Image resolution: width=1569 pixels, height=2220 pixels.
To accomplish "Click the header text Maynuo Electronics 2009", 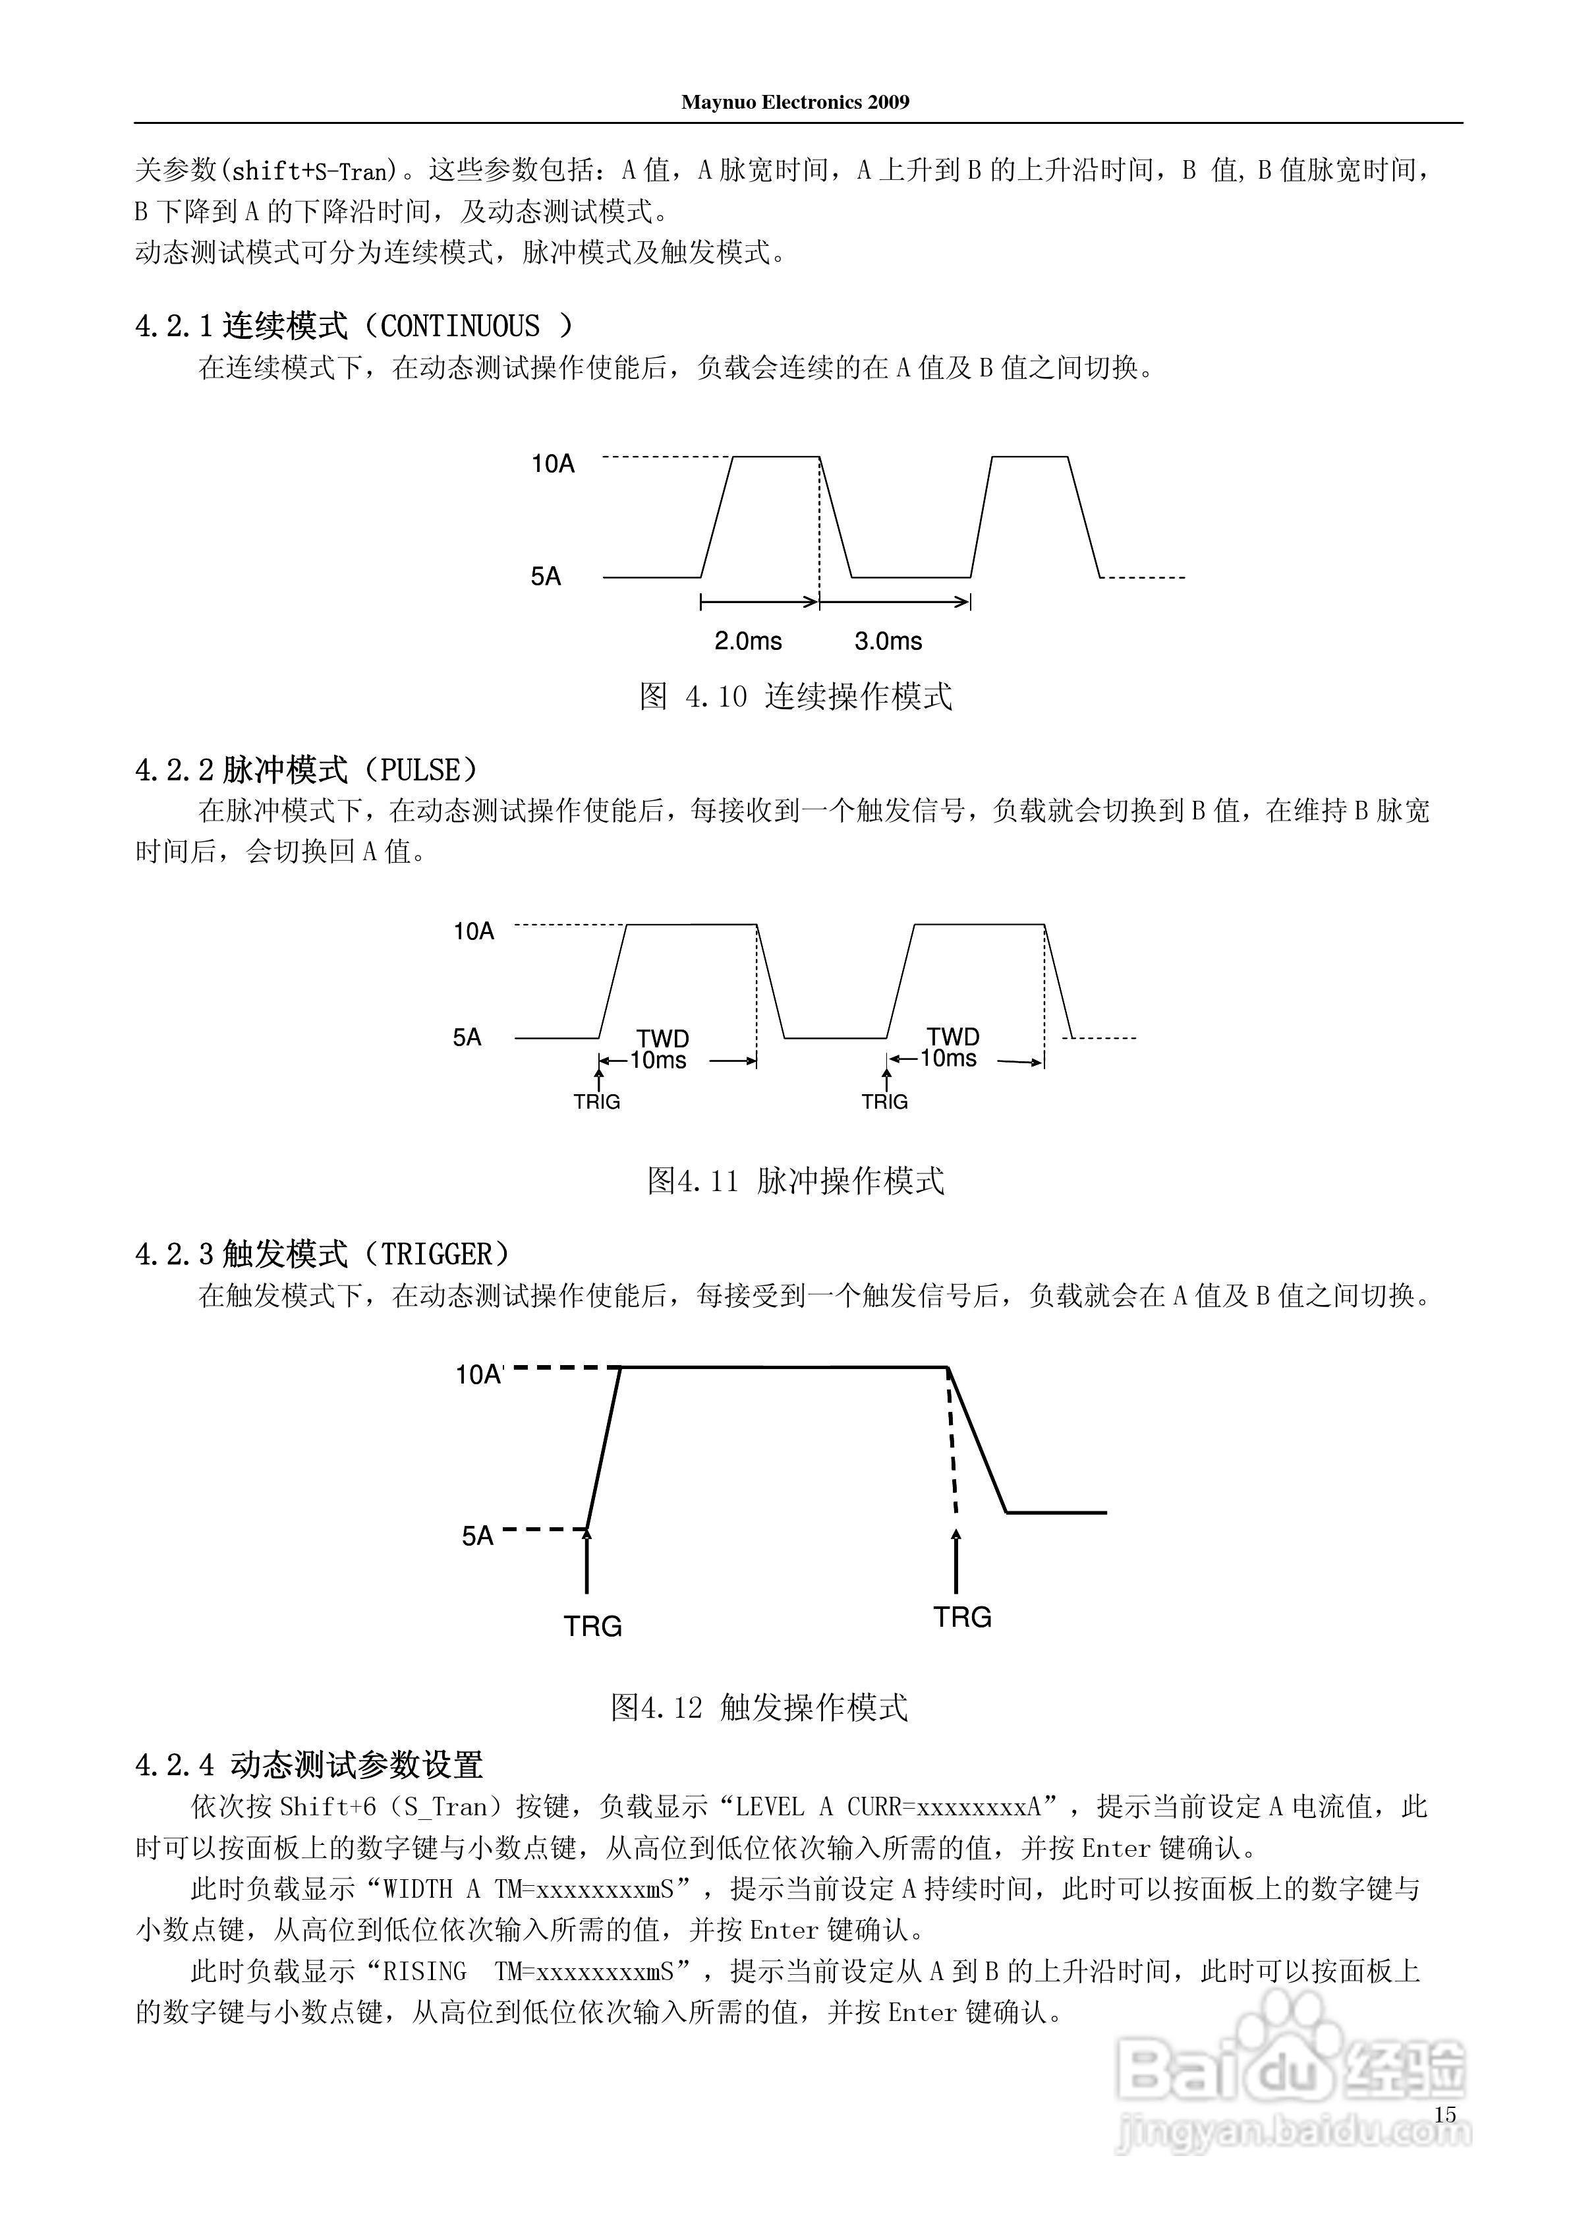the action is [795, 102].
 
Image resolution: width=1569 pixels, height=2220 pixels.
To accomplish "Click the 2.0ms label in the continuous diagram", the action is [748, 641].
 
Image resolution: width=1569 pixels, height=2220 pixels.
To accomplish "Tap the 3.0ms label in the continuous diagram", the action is [888, 641].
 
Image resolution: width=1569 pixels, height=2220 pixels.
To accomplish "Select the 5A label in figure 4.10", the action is [546, 577].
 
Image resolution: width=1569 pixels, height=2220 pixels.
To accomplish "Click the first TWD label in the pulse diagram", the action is [663, 1038].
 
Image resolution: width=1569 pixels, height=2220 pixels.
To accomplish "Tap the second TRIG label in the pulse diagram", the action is [884, 1102].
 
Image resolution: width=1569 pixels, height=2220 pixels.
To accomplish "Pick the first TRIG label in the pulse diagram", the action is [596, 1102].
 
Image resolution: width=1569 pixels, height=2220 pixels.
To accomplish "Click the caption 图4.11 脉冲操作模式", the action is [795, 1181].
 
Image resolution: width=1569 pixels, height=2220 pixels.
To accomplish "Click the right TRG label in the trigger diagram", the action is [963, 1617].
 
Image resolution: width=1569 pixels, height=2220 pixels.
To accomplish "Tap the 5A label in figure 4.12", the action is [478, 1536].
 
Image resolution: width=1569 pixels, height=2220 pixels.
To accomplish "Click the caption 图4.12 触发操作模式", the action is [759, 1708].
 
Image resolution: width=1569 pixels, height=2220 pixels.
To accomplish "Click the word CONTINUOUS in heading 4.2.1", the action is [460, 327].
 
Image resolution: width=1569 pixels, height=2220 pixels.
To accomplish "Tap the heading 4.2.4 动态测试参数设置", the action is [309, 1766].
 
